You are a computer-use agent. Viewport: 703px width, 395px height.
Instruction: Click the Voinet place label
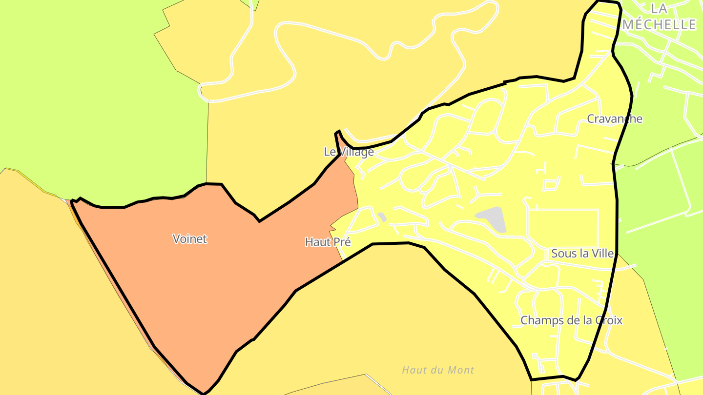tap(190, 239)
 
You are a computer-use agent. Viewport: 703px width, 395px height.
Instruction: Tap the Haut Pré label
tap(328, 241)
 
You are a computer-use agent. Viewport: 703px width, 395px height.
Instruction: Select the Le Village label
tap(349, 152)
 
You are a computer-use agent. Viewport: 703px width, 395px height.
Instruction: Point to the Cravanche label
tap(615, 119)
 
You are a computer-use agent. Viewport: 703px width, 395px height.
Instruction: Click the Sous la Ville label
tap(582, 254)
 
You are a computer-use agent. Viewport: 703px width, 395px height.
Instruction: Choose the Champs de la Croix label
tap(571, 320)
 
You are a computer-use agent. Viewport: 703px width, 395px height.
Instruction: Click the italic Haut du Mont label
tap(438, 370)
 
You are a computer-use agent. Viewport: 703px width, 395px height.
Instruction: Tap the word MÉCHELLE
tap(659, 24)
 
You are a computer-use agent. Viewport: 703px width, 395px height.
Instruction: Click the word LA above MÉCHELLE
tap(659, 8)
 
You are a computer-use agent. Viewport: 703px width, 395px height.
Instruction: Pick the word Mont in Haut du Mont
tap(462, 370)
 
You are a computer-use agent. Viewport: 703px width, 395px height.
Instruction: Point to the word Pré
tap(341, 241)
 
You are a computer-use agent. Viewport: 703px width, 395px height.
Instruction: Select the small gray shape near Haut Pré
tap(382, 217)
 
